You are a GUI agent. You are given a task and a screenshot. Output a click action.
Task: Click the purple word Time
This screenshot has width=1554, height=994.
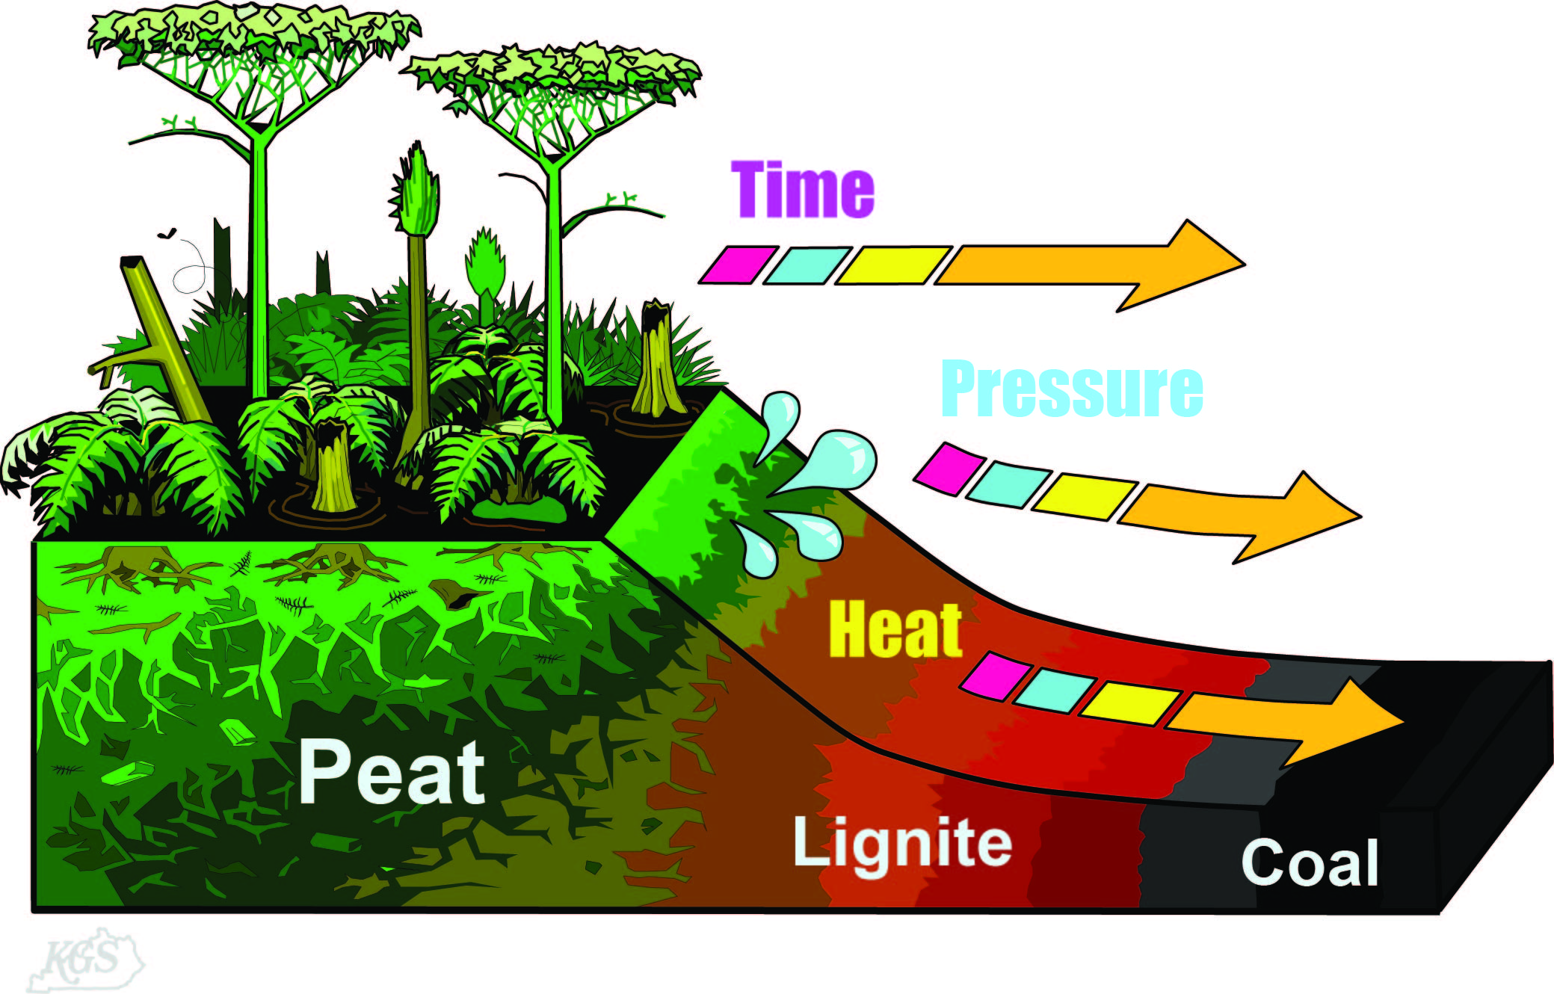pos(802,190)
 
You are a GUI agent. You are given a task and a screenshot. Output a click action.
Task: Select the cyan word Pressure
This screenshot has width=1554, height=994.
pos(1072,388)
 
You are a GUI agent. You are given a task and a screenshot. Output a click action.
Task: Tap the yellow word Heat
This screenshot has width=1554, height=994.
pos(895,630)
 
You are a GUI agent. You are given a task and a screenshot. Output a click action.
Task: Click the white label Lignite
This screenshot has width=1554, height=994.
pos(902,844)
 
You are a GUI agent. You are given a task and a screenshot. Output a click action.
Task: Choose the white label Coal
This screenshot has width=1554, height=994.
pos(1310,862)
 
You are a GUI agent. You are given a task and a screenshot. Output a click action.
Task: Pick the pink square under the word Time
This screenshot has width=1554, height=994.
pos(738,265)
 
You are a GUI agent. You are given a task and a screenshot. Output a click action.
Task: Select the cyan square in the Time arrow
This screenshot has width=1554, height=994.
pos(807,265)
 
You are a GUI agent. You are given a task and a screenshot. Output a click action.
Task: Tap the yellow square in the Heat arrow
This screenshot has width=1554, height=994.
pos(1129,703)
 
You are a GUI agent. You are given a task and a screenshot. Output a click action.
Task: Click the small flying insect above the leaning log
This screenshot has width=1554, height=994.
pos(167,233)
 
